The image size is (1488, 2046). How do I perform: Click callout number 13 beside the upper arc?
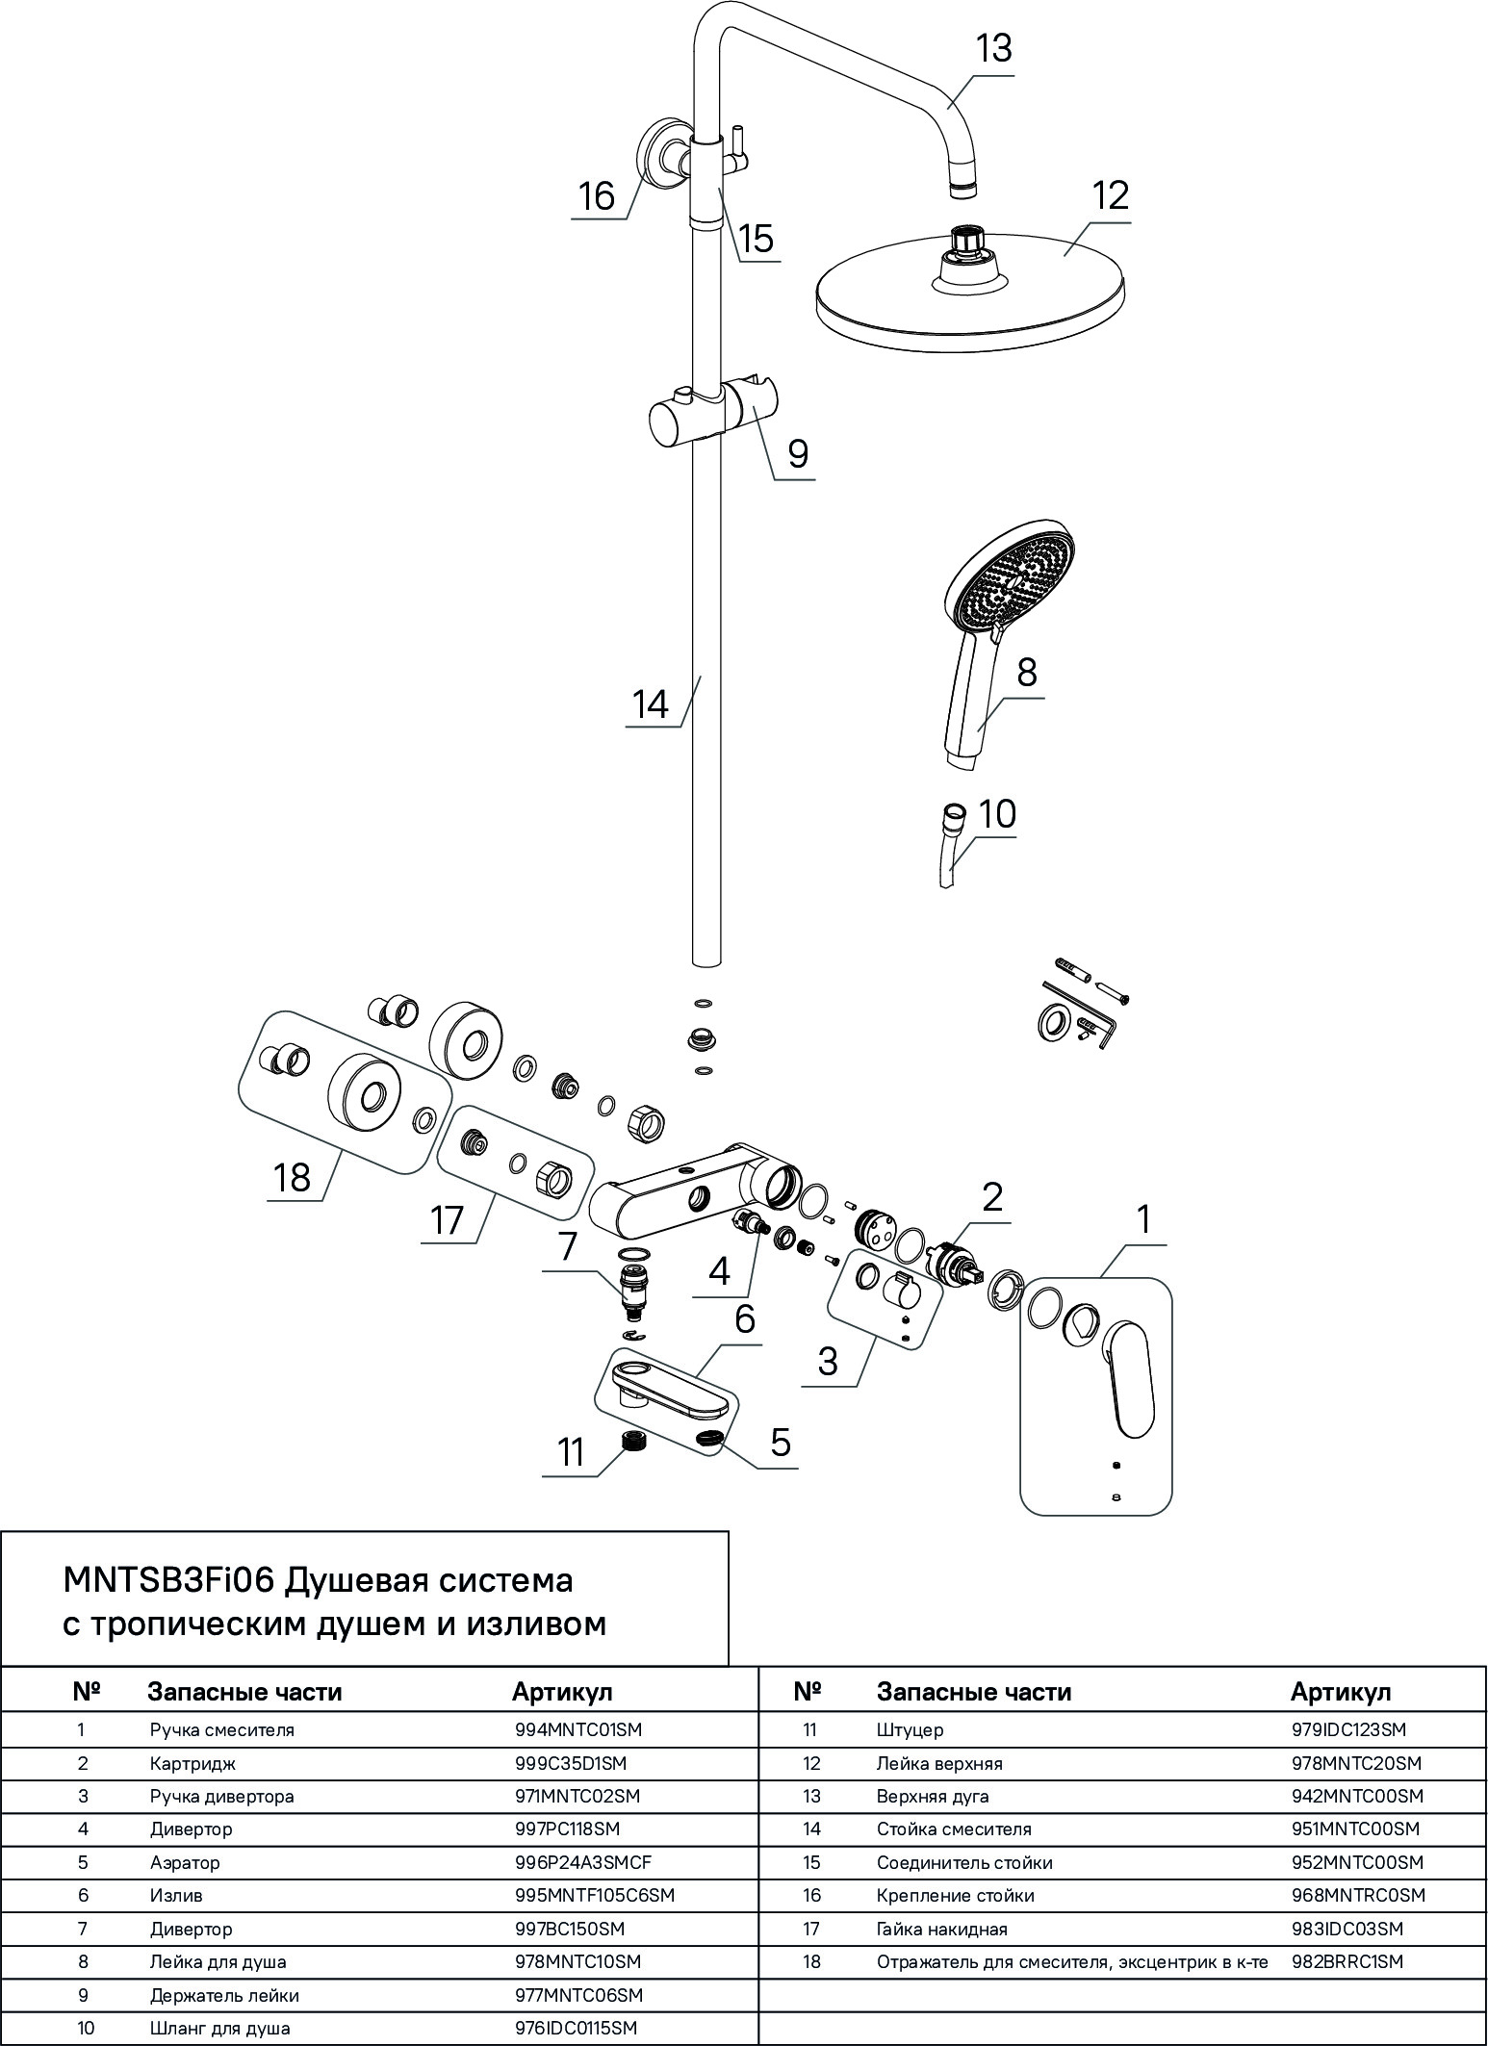point(994,48)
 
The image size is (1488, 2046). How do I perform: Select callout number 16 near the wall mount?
point(597,196)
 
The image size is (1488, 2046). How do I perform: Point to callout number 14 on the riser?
point(651,703)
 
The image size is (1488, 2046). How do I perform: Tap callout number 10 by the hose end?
point(997,814)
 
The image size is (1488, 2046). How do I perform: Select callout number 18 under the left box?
point(292,1177)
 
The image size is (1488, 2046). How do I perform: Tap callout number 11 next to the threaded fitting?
point(572,1452)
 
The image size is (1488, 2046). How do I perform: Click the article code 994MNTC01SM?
point(578,1729)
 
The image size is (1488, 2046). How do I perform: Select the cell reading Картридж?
point(192,1763)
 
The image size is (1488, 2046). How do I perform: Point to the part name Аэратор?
point(185,1862)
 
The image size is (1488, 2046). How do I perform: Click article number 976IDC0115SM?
point(577,2028)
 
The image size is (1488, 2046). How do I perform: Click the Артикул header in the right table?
point(1341,1692)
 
